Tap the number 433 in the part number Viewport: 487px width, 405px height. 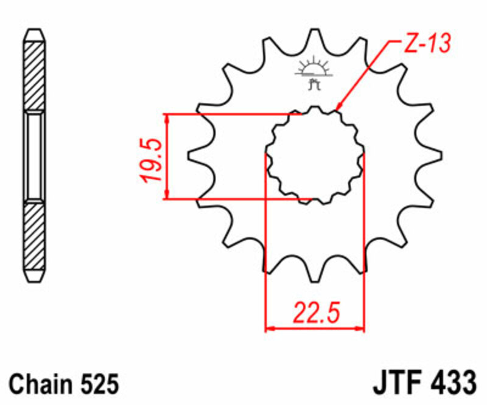pos(454,384)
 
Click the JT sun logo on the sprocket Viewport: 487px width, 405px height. pos(314,74)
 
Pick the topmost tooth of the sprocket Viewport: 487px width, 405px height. pos(315,43)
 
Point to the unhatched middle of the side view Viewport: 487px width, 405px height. pos(34,156)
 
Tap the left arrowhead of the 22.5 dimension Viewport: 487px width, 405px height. pos(269,329)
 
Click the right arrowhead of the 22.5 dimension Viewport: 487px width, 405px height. pos(360,329)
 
